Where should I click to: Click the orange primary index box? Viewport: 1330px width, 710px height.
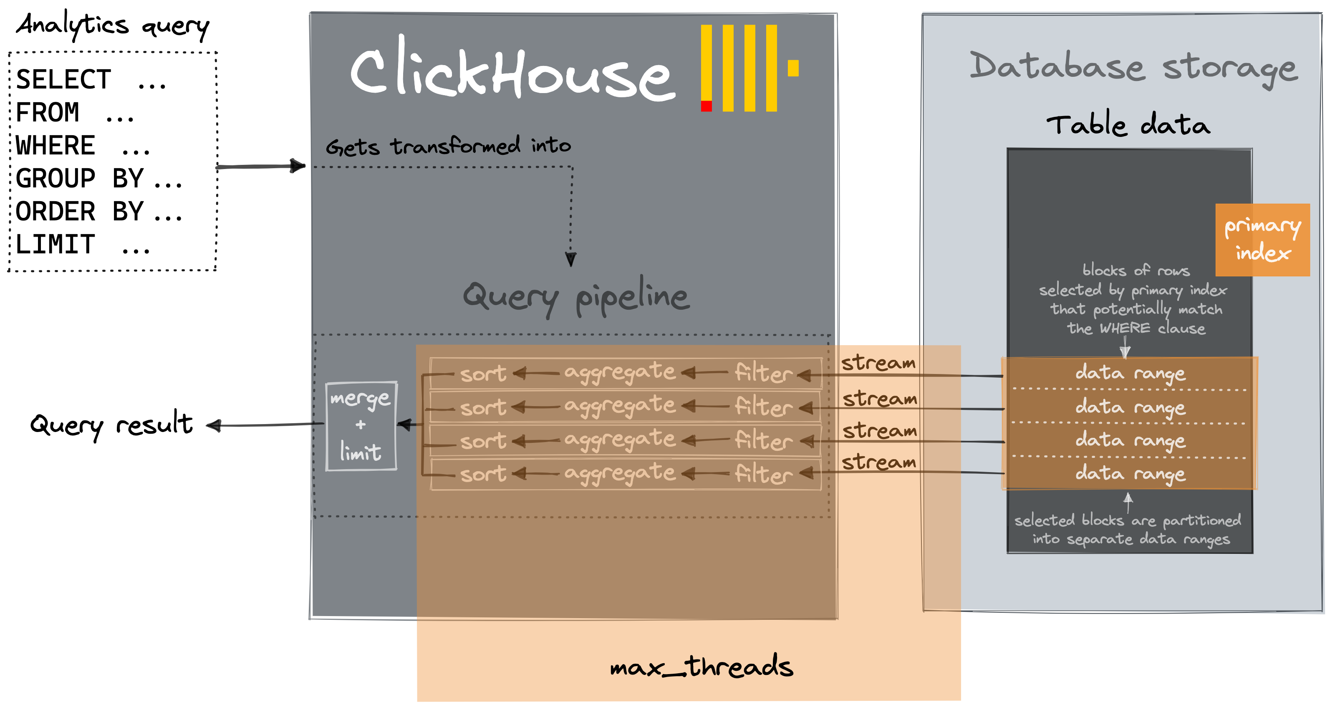pos(1262,240)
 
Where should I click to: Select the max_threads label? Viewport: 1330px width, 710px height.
pos(701,666)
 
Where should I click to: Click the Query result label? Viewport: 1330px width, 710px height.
pos(111,425)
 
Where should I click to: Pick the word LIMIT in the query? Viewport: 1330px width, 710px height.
pos(55,245)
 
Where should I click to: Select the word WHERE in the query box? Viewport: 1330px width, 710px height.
pos(55,146)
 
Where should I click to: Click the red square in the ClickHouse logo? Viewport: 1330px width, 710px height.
pos(706,106)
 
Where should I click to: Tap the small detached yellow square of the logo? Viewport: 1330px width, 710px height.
pos(793,68)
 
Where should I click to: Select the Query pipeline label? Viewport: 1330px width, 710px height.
pos(575,296)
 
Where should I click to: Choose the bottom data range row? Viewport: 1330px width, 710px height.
pos(1130,473)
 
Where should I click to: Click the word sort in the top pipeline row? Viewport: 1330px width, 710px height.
pos(483,373)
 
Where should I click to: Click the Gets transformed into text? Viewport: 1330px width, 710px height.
pos(448,146)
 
